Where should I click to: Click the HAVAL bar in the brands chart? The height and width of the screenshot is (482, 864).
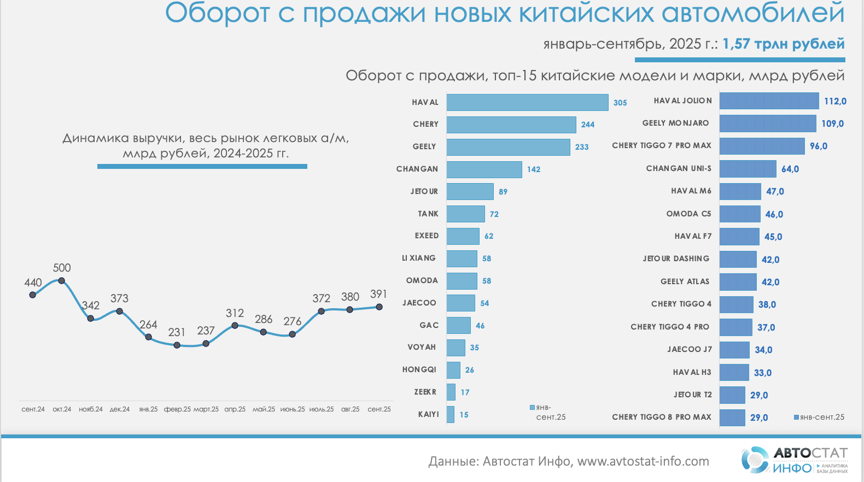527,102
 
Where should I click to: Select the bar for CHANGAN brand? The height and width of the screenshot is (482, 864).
484,169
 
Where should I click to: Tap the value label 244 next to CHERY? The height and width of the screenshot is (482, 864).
588,125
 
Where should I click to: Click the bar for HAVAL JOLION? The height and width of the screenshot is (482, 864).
769,101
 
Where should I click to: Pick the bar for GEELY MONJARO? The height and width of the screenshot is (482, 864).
767,124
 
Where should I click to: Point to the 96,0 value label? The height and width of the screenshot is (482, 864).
819,146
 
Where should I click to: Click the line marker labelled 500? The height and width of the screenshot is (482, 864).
62,281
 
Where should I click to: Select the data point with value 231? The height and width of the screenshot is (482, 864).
177,345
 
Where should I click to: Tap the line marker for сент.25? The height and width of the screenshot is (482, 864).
379,307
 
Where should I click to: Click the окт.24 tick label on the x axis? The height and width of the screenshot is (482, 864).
62,409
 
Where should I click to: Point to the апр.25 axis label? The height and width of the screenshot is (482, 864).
235,409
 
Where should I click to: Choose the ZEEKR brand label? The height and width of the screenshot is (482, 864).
425,392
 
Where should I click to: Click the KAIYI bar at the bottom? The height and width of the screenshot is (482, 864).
451,414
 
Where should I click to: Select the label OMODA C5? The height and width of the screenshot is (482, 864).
688,214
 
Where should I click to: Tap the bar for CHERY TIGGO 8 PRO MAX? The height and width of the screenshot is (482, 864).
732,418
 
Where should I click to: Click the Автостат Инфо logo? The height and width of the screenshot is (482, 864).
794,460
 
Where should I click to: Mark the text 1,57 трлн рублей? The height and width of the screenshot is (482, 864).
784,44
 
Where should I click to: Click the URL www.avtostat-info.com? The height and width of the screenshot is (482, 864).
643,461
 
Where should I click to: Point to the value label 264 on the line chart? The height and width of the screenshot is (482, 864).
148,325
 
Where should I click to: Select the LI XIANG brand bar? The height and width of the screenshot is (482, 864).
462,258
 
